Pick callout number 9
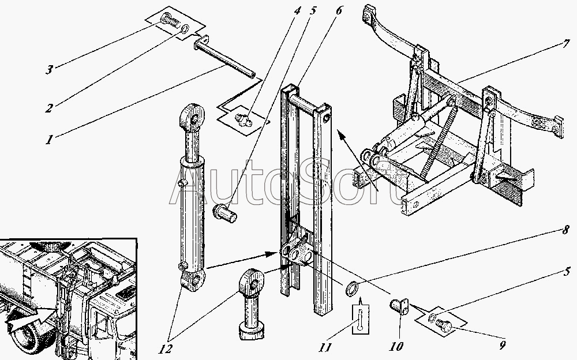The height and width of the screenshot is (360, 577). pos(502,346)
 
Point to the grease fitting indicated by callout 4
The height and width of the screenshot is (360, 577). pos(243,119)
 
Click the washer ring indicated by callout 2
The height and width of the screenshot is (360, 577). pos(183,29)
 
